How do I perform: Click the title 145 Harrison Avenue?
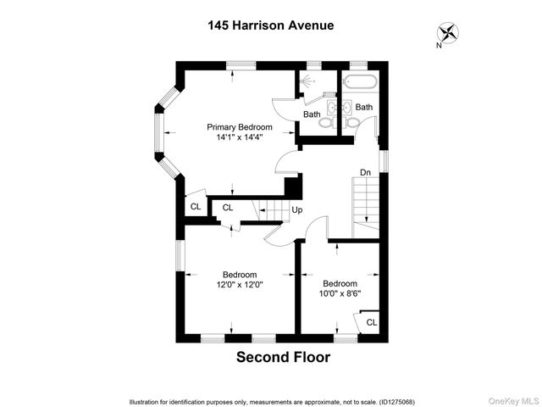270,25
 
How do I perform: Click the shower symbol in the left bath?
308,81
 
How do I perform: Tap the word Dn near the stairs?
365,173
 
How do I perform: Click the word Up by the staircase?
296,209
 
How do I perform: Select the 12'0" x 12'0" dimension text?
240,285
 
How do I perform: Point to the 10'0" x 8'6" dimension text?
339,294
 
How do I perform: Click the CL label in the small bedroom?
372,321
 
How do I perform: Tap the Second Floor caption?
283,357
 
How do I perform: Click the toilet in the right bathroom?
352,123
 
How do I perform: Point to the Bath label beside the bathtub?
364,107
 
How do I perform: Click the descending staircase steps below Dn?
365,203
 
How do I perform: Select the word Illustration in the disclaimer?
146,401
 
